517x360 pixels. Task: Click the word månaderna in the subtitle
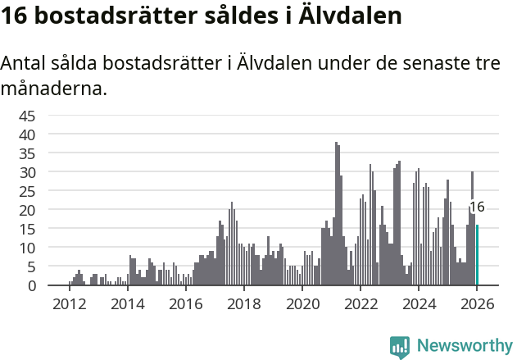click(x=53, y=87)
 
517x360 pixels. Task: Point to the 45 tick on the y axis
click(x=27, y=116)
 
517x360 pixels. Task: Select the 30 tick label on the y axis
click(x=27, y=172)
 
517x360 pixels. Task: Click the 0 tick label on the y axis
click(x=31, y=286)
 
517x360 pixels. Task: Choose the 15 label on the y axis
click(x=27, y=229)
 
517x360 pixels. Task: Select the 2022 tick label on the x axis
click(x=360, y=304)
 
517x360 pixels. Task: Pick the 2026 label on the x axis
click(x=476, y=304)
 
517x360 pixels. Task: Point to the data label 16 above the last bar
click(x=477, y=207)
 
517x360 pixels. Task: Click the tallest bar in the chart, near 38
click(x=336, y=214)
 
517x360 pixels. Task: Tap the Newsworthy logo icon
click(x=400, y=346)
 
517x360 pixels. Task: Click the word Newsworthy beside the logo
click(x=464, y=346)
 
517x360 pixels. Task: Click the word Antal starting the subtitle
click(x=25, y=63)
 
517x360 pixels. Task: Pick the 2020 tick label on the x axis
click(x=302, y=304)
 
